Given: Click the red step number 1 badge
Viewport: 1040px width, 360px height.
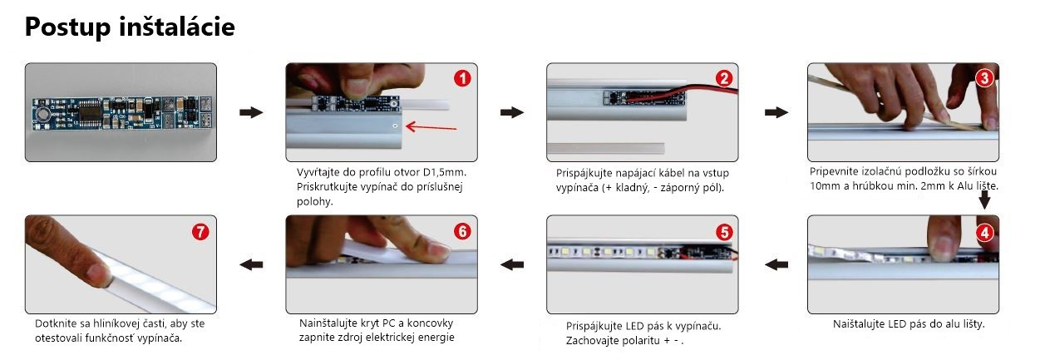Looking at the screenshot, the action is coord(462,78).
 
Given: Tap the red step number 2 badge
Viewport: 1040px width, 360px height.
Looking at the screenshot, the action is coord(724,78).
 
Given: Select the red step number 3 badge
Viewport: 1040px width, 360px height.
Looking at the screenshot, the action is coord(984,78).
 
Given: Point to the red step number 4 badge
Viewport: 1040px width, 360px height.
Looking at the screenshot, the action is coord(985,232).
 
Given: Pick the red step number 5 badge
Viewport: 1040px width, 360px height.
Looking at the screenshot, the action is coord(724,232).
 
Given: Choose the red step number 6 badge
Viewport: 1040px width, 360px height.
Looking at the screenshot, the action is coord(462,231).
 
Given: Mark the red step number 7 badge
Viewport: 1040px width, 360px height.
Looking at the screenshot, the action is coord(200,231).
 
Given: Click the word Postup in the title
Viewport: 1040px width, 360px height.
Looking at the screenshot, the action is coord(67,27).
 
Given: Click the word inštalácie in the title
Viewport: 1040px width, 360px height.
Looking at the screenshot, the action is coord(177,26).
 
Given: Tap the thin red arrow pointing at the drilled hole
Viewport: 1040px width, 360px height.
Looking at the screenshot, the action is coord(431,127).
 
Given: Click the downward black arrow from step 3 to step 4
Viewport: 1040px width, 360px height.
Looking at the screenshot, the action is coord(984,200).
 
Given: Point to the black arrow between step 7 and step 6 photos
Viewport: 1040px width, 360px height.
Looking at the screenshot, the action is coord(251,264).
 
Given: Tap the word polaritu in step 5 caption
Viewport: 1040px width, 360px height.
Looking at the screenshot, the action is coord(642,341).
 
